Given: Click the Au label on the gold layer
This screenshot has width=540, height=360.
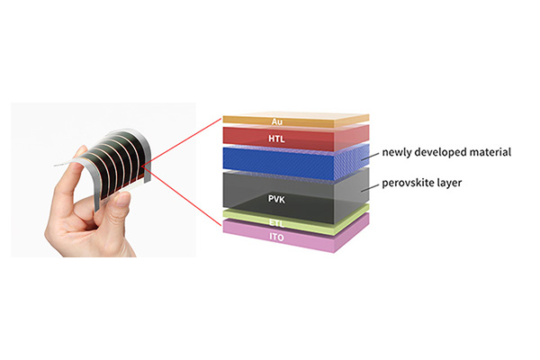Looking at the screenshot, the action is point(277,121).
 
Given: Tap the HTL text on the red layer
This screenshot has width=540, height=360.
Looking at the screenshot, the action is point(276,139).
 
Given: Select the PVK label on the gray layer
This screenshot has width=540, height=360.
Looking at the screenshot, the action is point(277,199).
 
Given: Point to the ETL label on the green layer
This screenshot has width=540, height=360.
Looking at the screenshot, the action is point(277,223).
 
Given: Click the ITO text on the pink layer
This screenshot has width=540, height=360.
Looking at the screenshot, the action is point(277,238).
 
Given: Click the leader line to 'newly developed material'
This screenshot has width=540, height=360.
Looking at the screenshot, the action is point(370,157).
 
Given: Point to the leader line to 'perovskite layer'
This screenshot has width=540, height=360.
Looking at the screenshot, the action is point(370,187).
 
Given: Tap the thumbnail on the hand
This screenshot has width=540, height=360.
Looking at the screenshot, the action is point(122,198).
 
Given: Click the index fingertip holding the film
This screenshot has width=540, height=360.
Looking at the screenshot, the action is point(81,150).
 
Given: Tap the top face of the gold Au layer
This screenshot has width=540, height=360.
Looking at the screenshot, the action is point(296,116).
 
